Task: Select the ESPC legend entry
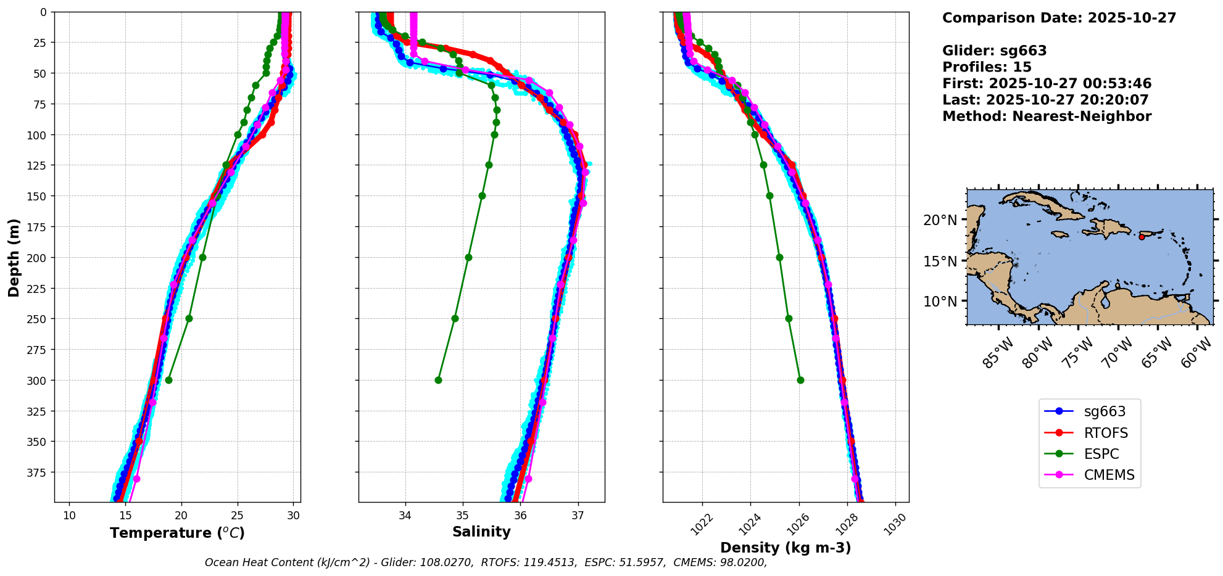[x=1101, y=454]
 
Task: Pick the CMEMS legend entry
[x=1109, y=475]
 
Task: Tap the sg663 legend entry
[x=1105, y=411]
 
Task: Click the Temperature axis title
[x=177, y=533]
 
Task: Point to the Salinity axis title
[x=481, y=532]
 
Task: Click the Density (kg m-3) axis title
[x=786, y=548]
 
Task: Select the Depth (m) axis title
[x=14, y=257]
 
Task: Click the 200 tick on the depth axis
[x=38, y=257]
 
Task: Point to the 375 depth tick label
[x=38, y=472]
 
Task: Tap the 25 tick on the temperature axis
[x=238, y=516]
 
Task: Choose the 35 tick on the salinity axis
[x=463, y=516]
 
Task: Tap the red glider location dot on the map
[x=1142, y=237]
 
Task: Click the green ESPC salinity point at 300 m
[x=438, y=380]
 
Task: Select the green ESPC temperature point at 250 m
[x=189, y=318]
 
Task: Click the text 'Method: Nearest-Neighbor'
[x=1047, y=117]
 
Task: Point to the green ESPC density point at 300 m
[x=800, y=380]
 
